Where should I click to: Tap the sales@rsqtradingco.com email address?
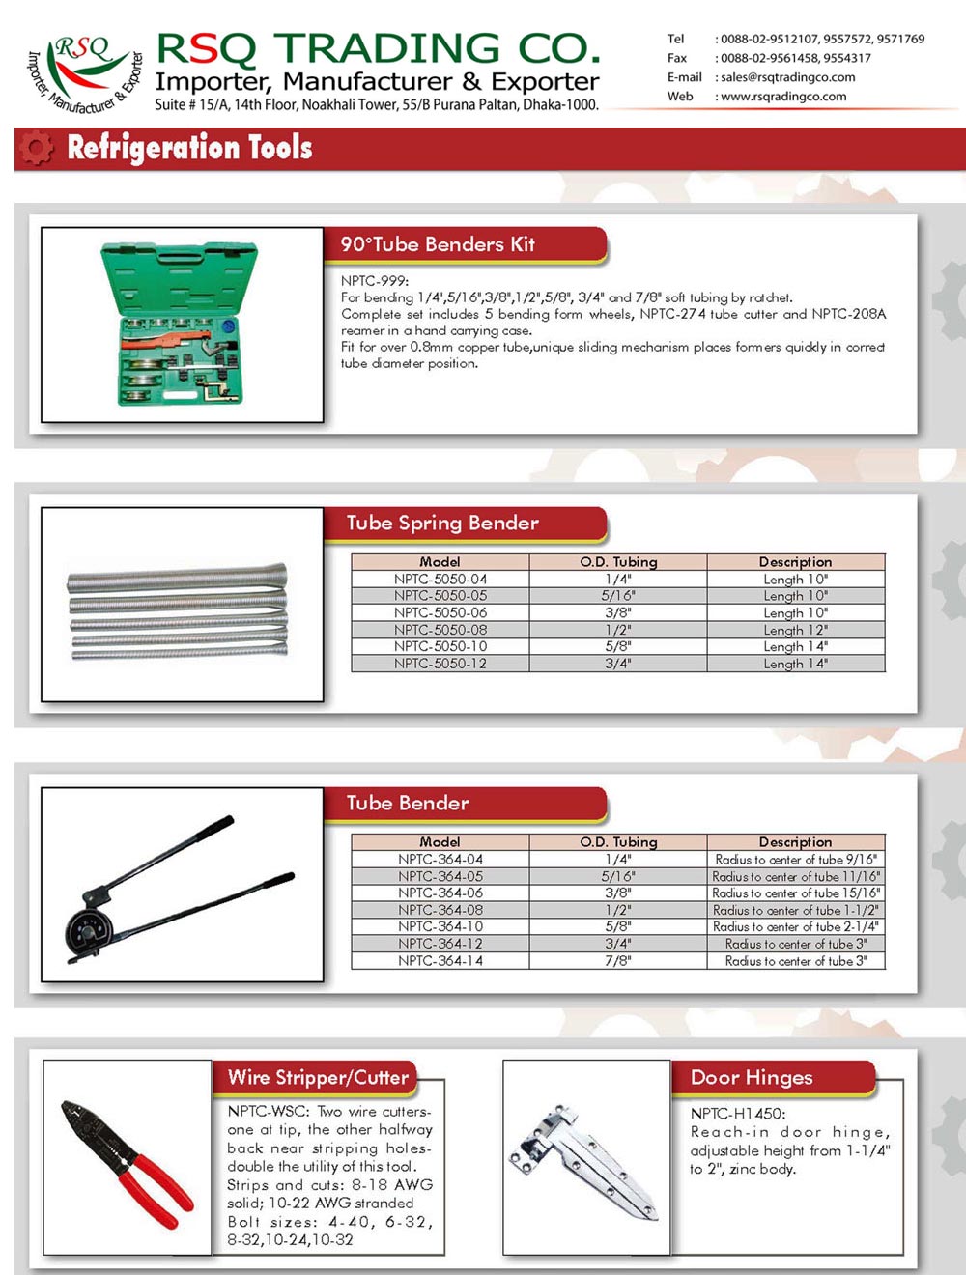coord(787,77)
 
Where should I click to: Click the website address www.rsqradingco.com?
coord(783,97)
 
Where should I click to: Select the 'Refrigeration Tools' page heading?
coord(189,148)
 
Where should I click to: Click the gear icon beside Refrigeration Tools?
coord(37,148)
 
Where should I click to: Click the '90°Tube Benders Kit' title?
coord(438,244)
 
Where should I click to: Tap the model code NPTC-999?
coord(374,281)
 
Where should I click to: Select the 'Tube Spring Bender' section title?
coord(442,524)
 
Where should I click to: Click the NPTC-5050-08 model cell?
coord(440,630)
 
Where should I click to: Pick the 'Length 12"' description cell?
coord(795,630)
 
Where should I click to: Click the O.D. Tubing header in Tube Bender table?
coord(618,842)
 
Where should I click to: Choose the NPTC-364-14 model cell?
coord(440,961)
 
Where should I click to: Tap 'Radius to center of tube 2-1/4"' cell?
coord(795,927)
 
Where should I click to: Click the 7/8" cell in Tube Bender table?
coord(618,961)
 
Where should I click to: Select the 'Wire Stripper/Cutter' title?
coord(318,1078)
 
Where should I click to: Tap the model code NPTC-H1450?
coord(738,1114)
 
